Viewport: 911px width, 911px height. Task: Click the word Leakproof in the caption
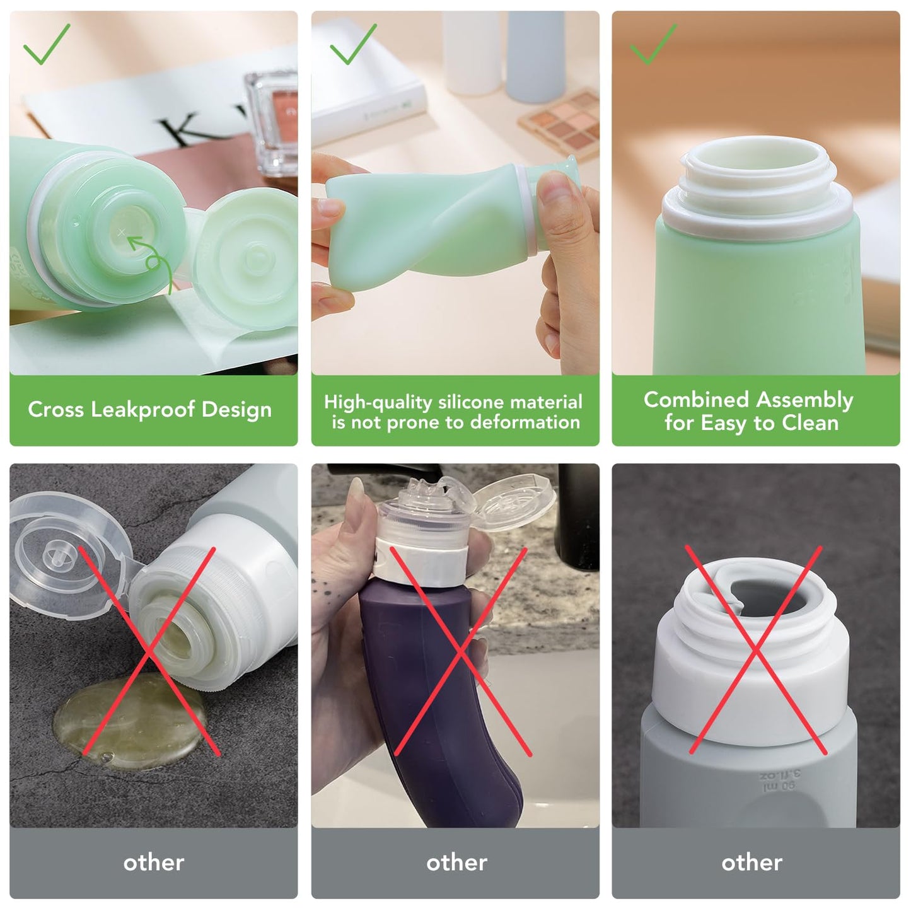(x=142, y=409)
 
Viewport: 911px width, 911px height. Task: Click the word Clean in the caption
(x=810, y=422)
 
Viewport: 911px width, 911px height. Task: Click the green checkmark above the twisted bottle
(x=353, y=44)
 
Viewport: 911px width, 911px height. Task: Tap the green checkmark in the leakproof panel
(x=47, y=44)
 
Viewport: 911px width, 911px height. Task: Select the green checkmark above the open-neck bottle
(x=653, y=44)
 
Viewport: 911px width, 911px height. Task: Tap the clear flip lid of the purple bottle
(x=514, y=502)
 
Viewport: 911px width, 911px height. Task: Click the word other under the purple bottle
(x=456, y=863)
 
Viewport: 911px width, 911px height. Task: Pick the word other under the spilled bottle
(x=154, y=863)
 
